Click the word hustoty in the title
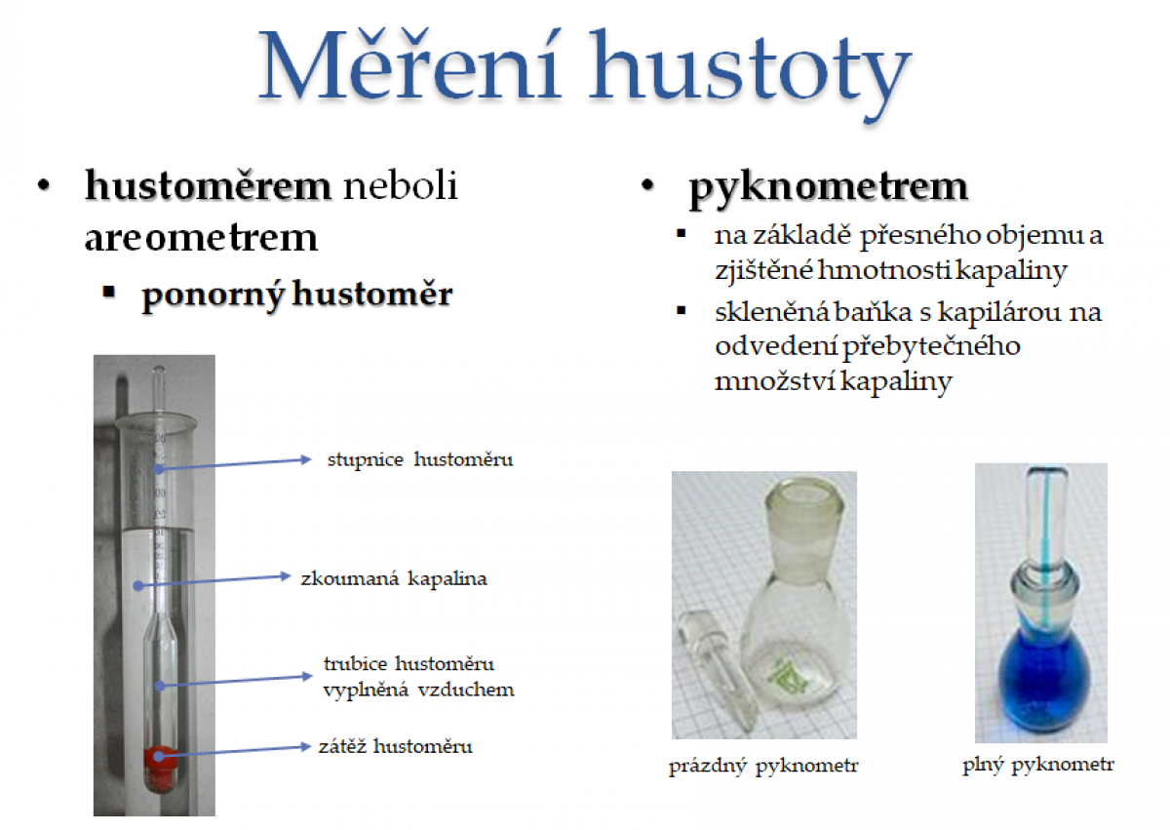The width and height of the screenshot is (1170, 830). (750, 74)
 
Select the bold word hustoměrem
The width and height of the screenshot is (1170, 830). (208, 186)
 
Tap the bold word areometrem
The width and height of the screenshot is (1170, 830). (201, 238)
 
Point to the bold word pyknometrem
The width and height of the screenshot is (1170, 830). (829, 188)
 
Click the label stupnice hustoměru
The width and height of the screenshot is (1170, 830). (420, 459)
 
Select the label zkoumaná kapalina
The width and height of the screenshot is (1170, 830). (394, 578)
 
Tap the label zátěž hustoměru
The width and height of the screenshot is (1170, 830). (396, 746)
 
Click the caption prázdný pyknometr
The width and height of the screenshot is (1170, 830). (763, 767)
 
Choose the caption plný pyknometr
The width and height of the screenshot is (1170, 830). (1038, 765)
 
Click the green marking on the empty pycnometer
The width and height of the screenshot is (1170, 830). (787, 678)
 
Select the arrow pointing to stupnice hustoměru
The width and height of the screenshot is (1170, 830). (235, 464)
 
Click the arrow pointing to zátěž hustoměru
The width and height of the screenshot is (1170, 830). (235, 751)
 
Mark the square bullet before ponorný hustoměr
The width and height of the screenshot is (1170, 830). (108, 292)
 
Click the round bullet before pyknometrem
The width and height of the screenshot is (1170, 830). (647, 185)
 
